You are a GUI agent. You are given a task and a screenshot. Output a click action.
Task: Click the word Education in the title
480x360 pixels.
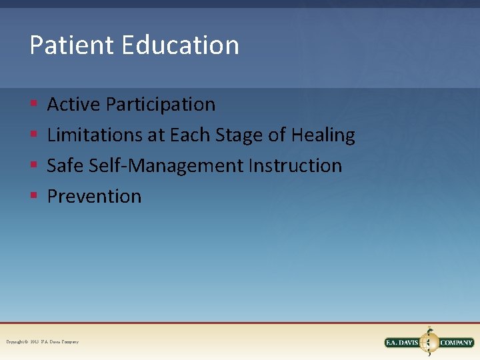(180, 45)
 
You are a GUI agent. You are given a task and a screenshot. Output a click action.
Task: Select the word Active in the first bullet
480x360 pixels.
(74, 105)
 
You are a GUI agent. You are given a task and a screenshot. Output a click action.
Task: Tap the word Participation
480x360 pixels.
(161, 105)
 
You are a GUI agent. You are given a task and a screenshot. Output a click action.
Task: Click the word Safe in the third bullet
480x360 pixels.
(64, 166)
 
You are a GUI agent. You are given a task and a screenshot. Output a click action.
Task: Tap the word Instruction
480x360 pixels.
(295, 166)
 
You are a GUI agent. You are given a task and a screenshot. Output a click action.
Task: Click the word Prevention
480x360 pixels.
(94, 197)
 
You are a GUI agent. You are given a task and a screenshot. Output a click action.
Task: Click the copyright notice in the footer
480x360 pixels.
(42, 342)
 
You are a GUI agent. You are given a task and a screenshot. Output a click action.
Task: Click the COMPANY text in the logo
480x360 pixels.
(456, 343)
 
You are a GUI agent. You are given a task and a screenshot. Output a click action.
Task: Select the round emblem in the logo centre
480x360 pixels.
(429, 343)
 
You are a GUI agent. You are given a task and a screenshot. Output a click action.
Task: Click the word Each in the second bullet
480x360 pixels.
(189, 135)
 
